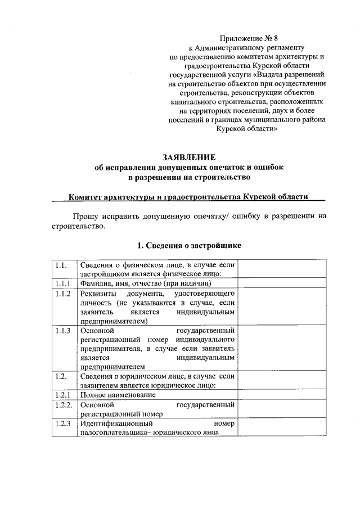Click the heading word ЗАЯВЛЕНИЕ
click(189, 157)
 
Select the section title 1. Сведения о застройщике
click(190, 246)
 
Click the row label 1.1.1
click(62, 283)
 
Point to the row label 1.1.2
click(62, 294)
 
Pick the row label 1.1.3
click(62, 330)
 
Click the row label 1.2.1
click(62, 395)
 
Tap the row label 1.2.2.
click(63, 404)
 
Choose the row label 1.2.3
click(62, 423)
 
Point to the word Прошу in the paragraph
click(84, 215)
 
